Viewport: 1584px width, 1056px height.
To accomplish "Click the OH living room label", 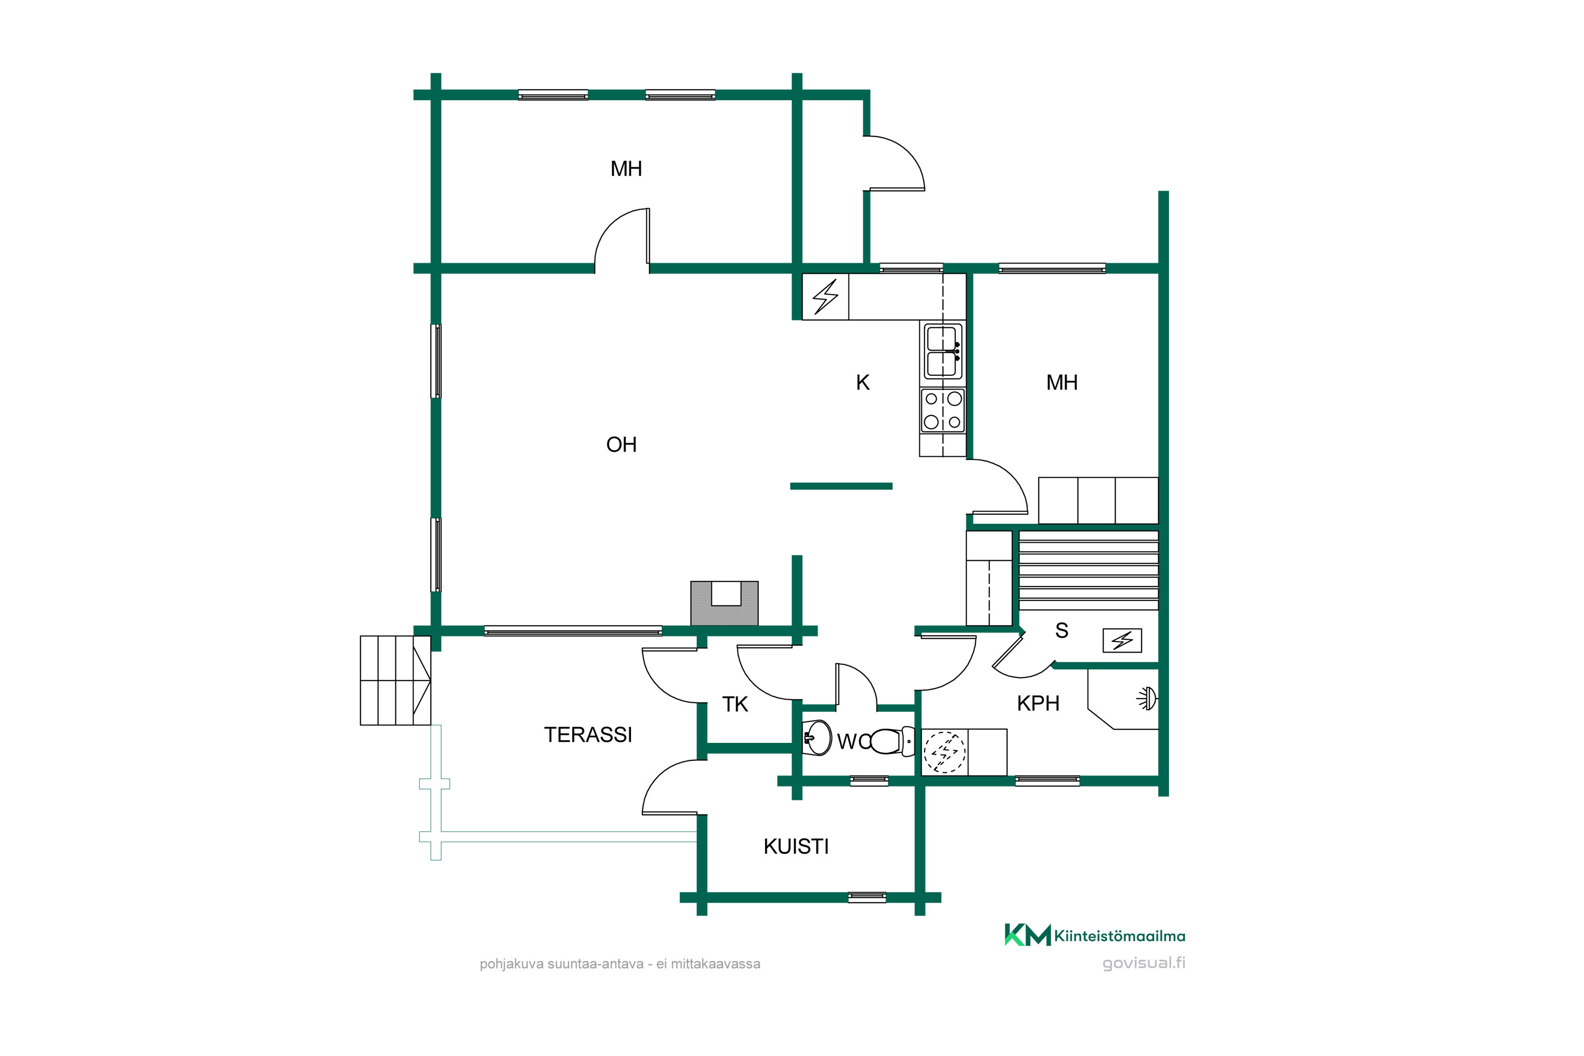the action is tap(621, 445).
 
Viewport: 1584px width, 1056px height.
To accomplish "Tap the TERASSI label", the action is tap(588, 735).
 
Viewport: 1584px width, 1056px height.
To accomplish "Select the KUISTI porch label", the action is tap(796, 846).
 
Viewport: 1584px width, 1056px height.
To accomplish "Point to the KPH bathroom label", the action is tap(1038, 704).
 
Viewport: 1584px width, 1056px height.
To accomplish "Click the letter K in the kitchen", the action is tap(863, 382).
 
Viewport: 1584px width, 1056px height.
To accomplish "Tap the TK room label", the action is tap(735, 704).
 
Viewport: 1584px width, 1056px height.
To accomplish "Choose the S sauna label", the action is tap(1061, 630).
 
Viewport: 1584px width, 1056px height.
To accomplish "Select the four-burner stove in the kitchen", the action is tap(943, 410).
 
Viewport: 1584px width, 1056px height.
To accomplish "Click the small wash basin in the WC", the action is tap(817, 738).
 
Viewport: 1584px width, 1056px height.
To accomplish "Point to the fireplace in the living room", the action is tap(724, 604).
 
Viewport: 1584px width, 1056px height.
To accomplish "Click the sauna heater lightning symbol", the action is tap(1122, 640).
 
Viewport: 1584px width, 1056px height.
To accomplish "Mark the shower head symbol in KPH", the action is tap(1146, 699).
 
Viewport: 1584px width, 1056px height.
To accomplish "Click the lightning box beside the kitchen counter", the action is tap(825, 296).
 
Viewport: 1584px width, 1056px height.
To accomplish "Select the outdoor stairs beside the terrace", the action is tap(395, 680).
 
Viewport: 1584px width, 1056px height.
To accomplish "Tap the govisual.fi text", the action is tap(1144, 963).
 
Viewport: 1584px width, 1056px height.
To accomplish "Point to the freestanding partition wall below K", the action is tap(841, 486).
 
